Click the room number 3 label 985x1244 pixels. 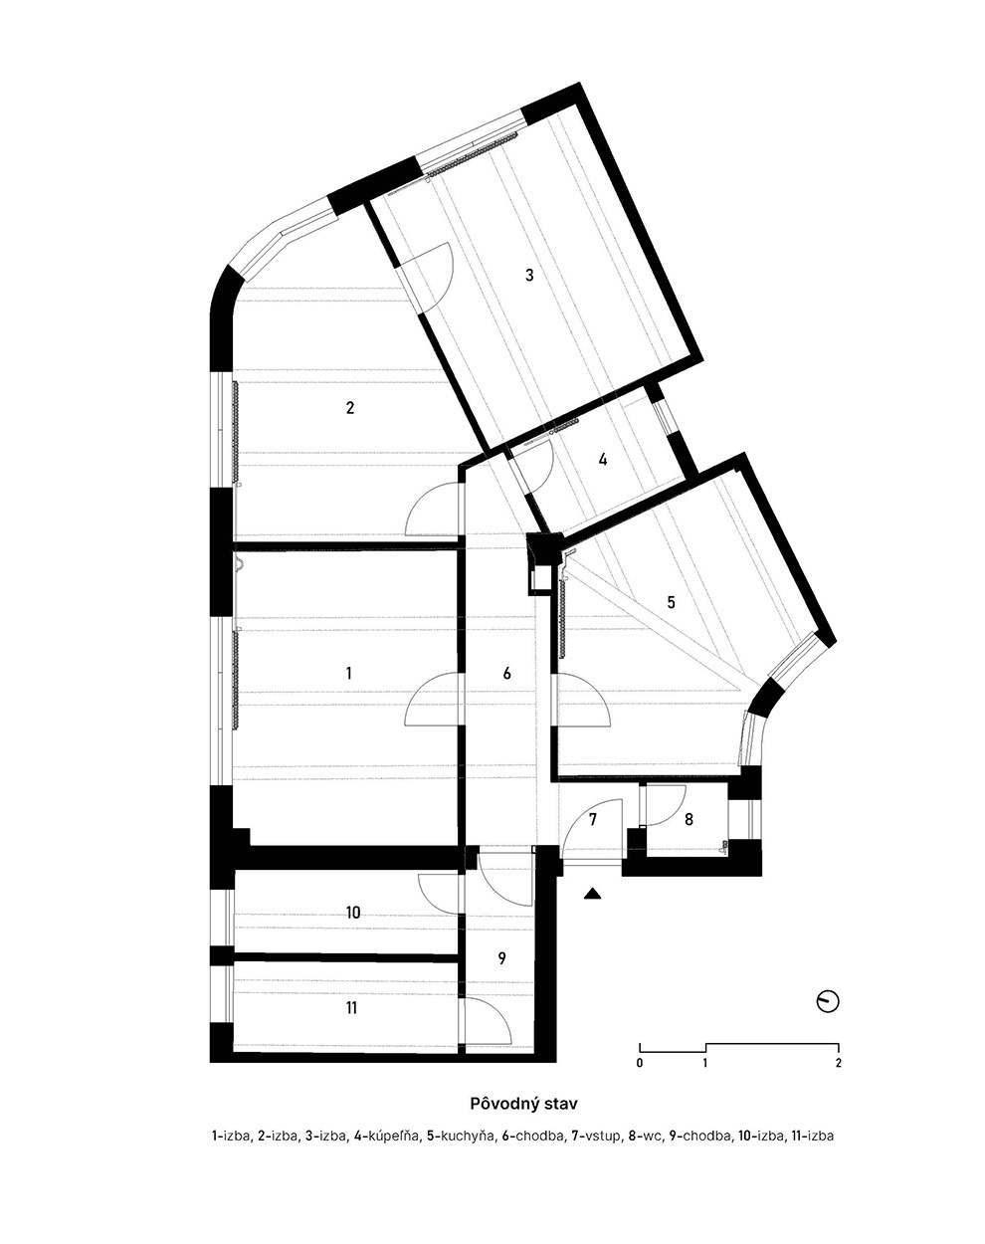(529, 275)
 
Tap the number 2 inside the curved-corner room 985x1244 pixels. (349, 408)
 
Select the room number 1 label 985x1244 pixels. (348, 673)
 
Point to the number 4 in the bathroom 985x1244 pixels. (602, 460)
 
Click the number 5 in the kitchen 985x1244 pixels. (671, 602)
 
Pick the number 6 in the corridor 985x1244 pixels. (507, 673)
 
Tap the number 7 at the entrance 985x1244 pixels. (593, 819)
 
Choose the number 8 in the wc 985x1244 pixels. (689, 819)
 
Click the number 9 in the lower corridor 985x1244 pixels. (501, 958)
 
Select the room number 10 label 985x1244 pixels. (352, 913)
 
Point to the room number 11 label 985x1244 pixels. (351, 1007)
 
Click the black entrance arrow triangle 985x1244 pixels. (593, 894)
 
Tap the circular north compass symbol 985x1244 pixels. (828, 1002)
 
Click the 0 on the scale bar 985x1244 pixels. (640, 1063)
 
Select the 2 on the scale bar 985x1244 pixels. (838, 1063)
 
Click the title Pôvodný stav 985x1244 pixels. (523, 1104)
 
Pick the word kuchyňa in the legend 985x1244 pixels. (469, 1136)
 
